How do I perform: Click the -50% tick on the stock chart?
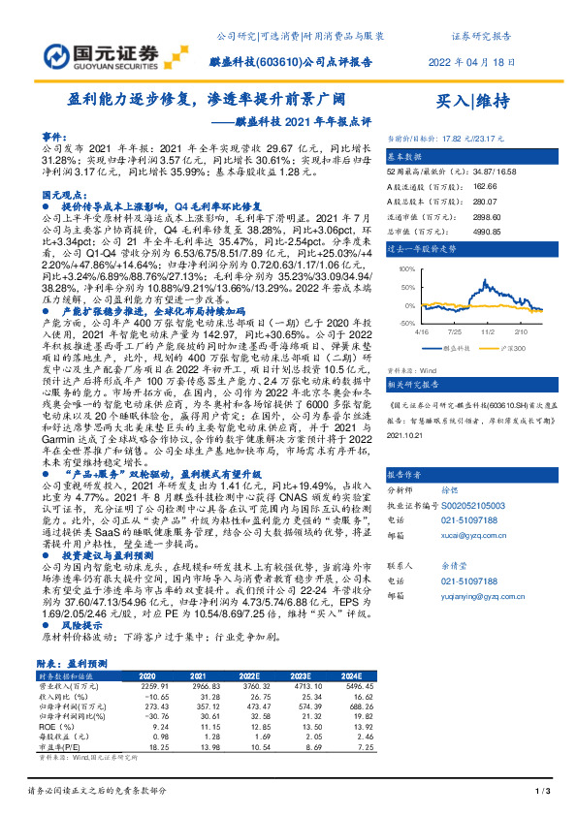click(x=408, y=322)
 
